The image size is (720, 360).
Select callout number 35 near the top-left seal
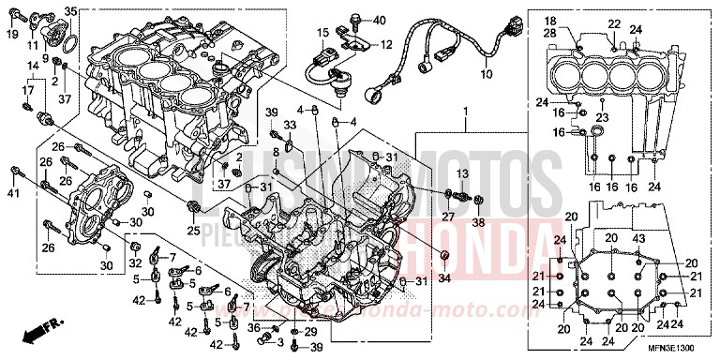click(69, 10)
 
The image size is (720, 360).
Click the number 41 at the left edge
click(12, 193)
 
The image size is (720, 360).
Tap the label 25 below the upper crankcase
click(193, 231)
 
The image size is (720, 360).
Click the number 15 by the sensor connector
click(321, 33)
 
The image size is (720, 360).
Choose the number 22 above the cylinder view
click(614, 23)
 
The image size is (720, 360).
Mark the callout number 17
click(26, 89)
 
